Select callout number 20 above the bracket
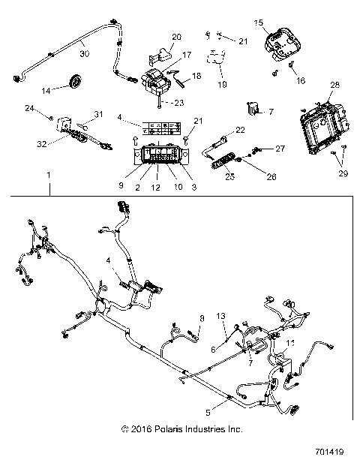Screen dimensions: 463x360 coord(177,37)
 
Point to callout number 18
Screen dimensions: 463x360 coord(197,76)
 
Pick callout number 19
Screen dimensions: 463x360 coord(222,85)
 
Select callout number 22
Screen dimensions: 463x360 coord(240,131)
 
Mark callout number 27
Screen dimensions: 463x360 coord(280,149)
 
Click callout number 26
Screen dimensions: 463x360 coord(271,177)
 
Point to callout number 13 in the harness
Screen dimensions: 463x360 coord(220,315)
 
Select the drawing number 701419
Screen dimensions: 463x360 coord(329,453)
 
